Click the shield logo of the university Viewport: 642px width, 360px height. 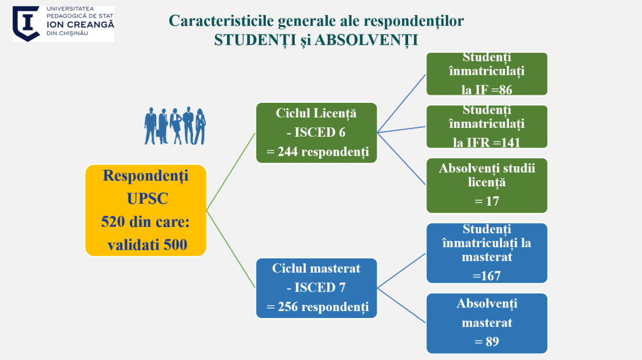click(26, 23)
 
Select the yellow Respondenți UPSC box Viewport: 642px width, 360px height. click(145, 210)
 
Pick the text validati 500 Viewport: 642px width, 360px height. click(147, 245)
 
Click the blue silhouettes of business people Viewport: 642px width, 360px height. click(175, 125)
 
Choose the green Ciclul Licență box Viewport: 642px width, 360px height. click(316, 133)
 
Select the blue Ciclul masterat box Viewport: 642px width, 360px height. click(316, 288)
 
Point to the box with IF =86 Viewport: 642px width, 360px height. click(487, 74)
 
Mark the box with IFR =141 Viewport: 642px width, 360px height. click(487, 126)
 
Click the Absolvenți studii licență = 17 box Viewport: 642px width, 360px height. click(487, 184)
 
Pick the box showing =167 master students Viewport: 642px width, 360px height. click(487, 252)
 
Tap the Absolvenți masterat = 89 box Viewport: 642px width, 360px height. click(487, 323)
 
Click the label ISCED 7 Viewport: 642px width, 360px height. click(316, 288)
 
